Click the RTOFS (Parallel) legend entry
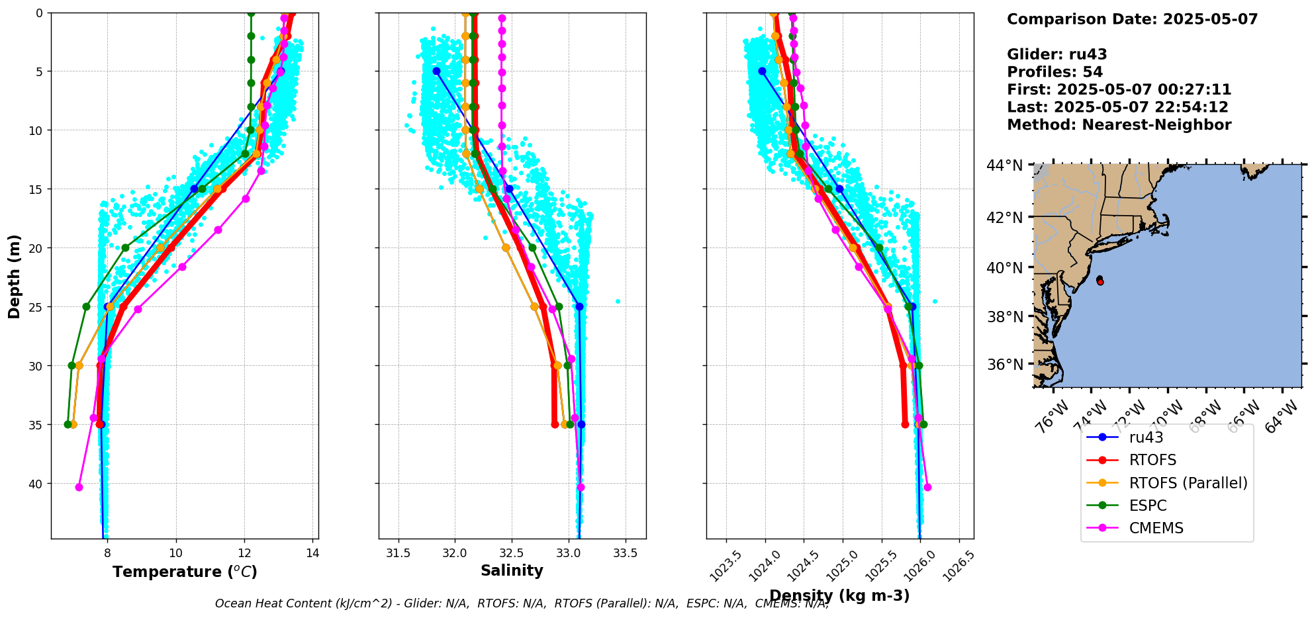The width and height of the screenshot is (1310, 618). coord(1188,483)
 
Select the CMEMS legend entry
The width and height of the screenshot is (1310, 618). coord(1156,528)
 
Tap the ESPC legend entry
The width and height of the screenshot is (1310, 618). coord(1148,506)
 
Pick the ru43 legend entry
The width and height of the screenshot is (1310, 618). coord(1146,437)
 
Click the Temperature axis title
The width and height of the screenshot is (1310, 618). coord(185,572)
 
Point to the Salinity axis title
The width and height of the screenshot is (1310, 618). coord(512,571)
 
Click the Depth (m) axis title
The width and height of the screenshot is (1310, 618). coord(15,276)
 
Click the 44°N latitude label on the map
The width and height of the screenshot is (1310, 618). coord(1004,165)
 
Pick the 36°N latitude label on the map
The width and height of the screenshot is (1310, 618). coord(1004,365)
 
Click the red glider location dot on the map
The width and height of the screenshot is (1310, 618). coord(1100,282)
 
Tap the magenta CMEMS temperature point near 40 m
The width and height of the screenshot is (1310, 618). coord(79,488)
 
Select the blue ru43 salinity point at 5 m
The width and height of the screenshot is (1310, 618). coord(436,71)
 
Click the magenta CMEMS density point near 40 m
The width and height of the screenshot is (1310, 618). coord(927,488)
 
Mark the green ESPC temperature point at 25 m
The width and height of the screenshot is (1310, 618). coord(86,306)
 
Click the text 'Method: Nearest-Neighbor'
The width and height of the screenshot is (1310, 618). coord(1119,125)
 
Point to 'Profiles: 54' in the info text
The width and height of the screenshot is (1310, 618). coord(1054,72)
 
